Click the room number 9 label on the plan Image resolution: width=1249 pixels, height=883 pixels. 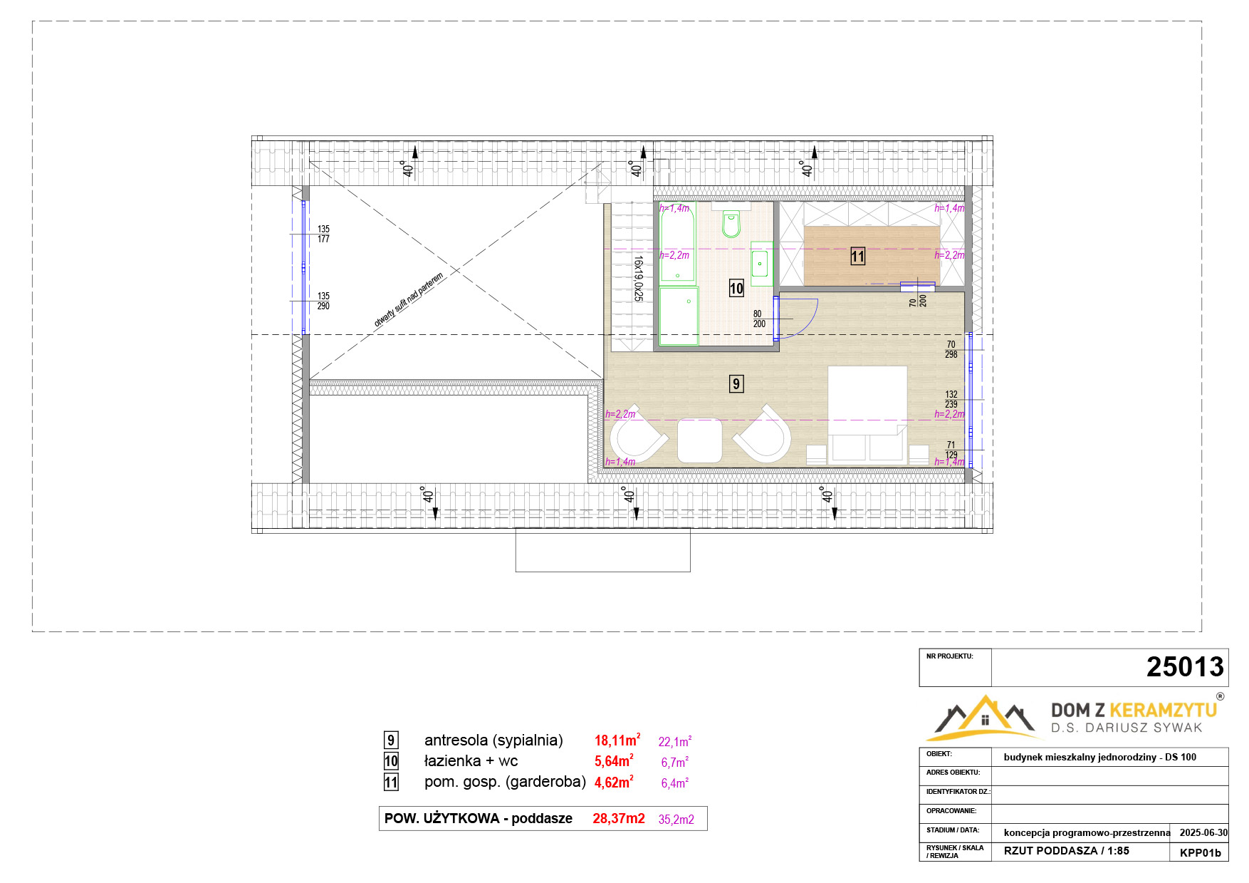point(736,384)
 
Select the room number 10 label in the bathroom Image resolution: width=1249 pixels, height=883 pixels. point(736,289)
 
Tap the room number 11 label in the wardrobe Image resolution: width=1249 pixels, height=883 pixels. point(858,257)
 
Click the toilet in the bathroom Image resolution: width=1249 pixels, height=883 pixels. point(731,224)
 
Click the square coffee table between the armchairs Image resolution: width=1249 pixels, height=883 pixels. point(699,440)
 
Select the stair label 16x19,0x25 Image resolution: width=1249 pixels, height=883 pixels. point(638,278)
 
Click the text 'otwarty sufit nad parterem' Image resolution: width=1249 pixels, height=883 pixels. point(409,299)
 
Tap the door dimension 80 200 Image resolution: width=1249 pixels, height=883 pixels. point(759,319)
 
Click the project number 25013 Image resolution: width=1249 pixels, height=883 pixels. point(1185,667)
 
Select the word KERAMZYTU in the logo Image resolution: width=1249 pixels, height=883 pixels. point(1164,710)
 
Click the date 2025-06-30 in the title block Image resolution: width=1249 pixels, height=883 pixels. point(1203,832)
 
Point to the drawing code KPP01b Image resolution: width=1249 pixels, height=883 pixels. point(1200,852)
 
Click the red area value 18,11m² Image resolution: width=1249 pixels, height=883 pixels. point(617,740)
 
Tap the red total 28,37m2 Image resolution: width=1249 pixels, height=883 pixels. point(619,819)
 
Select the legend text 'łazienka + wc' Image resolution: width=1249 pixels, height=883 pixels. point(471,761)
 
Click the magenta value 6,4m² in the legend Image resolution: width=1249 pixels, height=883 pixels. point(675,783)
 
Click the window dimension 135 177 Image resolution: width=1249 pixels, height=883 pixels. point(323,234)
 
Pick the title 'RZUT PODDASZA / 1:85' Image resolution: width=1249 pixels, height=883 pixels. point(1067,851)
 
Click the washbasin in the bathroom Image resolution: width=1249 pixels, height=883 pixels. point(761,263)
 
